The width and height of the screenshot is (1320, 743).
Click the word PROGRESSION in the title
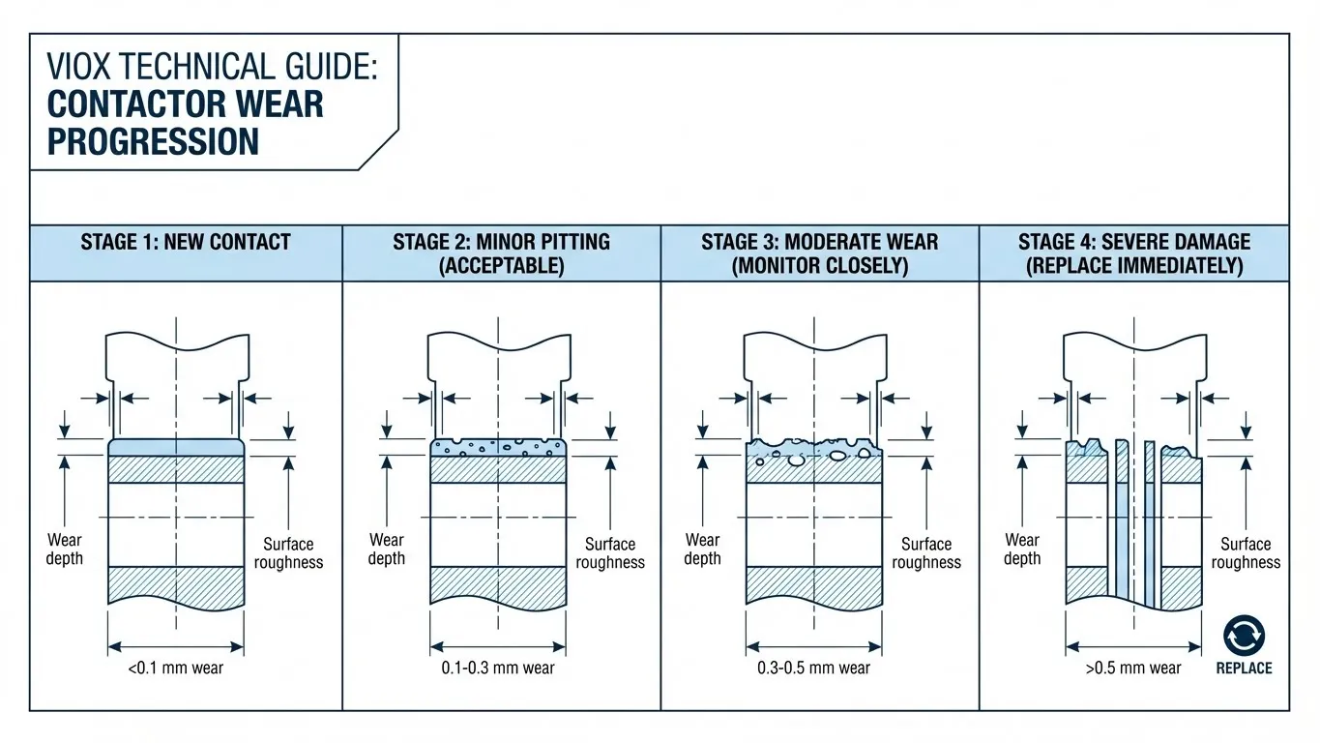point(153,141)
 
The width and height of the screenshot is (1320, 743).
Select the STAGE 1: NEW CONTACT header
point(186,242)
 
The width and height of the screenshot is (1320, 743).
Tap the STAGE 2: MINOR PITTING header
point(501,242)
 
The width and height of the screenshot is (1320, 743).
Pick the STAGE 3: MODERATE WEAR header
point(819,242)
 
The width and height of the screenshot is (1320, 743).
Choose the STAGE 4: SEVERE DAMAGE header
point(1134,242)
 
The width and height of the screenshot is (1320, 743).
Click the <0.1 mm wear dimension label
point(175,669)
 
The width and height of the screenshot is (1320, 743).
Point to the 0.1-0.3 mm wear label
point(498,669)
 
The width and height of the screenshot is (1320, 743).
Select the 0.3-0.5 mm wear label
point(813,669)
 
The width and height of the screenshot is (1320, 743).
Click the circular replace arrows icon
point(1244,636)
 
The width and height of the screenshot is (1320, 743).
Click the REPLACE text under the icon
point(1244,669)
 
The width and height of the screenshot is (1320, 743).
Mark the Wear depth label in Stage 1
point(65,550)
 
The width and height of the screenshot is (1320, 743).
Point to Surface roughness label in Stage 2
point(610,553)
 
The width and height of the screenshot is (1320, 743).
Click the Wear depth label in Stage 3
point(703,550)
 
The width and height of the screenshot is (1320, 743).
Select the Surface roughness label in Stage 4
point(1246,553)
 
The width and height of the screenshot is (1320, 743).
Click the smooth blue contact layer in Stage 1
point(175,447)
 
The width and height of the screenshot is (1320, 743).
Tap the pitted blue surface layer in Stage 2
point(498,447)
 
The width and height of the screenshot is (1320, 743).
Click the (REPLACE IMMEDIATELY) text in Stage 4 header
point(1134,266)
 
